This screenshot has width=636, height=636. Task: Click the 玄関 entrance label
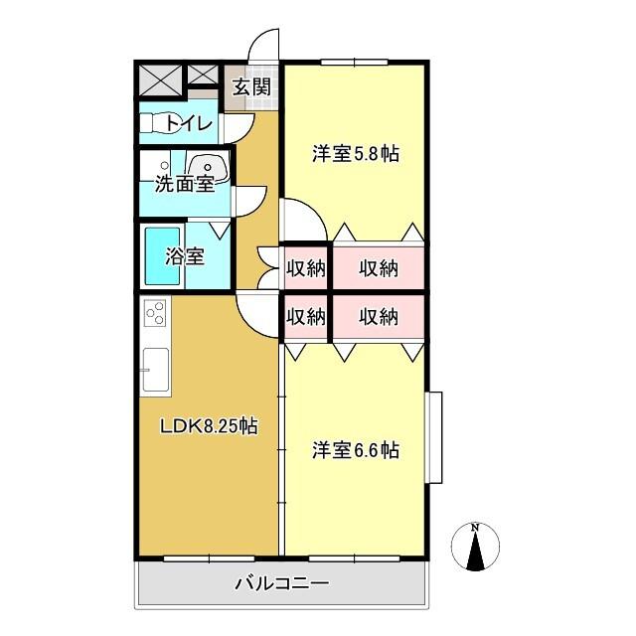point(252,86)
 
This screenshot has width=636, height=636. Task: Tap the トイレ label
point(188,123)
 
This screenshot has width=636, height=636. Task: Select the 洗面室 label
point(184,183)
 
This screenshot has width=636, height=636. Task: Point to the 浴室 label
point(185,255)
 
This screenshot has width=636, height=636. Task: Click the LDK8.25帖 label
point(210,426)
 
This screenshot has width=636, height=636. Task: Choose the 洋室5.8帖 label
point(356,154)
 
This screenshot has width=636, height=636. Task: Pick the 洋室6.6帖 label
point(355,450)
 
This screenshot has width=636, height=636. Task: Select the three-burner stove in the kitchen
point(155,316)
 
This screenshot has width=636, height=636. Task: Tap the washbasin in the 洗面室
point(210,169)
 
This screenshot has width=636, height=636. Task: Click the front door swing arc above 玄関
point(262,47)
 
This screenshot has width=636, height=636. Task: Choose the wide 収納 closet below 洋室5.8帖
point(379,267)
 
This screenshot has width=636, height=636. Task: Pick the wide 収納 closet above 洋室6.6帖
point(379,317)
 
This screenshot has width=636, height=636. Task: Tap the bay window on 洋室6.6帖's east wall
point(434,438)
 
